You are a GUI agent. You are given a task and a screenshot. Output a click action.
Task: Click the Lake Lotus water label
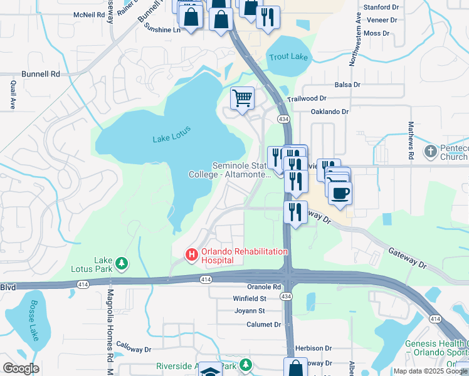click(x=171, y=134)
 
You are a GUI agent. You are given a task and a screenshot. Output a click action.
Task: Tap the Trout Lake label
click(x=288, y=57)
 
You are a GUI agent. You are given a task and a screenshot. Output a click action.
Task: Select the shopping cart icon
click(x=242, y=98)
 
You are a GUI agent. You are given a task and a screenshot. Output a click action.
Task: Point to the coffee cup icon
click(x=340, y=192)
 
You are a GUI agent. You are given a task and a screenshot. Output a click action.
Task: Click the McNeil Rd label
click(x=88, y=14)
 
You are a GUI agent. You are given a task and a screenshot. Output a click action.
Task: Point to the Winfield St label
click(x=250, y=299)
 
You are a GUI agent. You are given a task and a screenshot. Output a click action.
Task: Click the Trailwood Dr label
click(x=307, y=98)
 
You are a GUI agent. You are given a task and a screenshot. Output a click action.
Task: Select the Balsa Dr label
click(x=347, y=85)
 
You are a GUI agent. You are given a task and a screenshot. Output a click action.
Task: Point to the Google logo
click(x=21, y=368)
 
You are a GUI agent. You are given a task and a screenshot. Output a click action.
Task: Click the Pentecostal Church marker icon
click(x=430, y=151)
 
